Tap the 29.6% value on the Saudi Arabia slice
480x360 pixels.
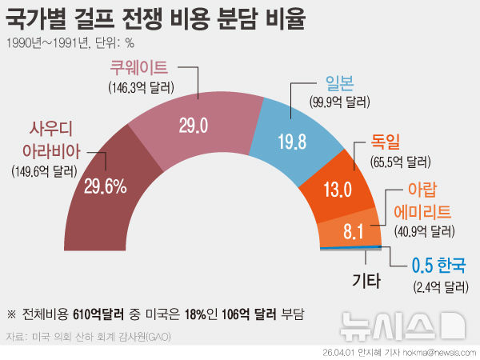pos(106,187)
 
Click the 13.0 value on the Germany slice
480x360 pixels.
pos(336,190)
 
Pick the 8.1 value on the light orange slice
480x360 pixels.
pos(354,232)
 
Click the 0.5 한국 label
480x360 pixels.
pos(437,266)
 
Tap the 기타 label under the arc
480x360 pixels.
pos(366,280)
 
